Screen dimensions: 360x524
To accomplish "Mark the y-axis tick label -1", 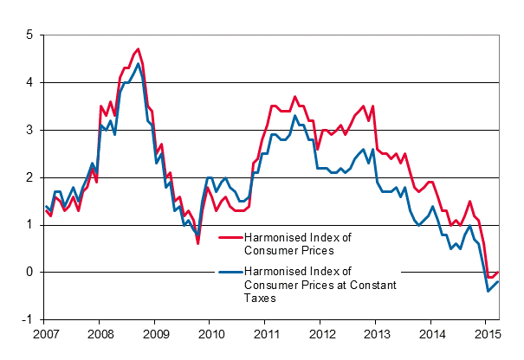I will (x=28, y=319).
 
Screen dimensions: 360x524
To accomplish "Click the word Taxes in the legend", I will (x=261, y=297).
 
